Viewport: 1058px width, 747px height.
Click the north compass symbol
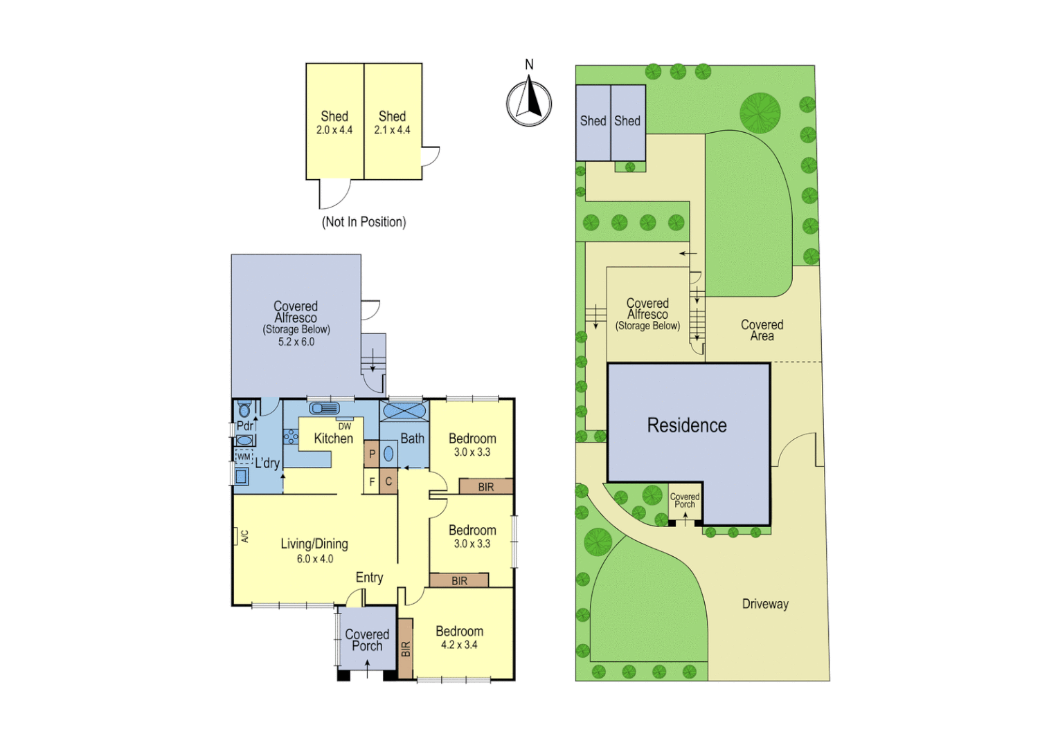pyautogui.click(x=529, y=103)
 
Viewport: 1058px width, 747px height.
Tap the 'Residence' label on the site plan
pyautogui.click(x=686, y=425)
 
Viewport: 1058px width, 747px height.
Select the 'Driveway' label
pyautogui.click(x=765, y=604)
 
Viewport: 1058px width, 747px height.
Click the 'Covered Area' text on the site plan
pyautogui.click(x=762, y=330)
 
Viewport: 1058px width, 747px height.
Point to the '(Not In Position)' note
pyautogui.click(x=364, y=222)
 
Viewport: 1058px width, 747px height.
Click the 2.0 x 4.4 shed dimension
pyautogui.click(x=334, y=130)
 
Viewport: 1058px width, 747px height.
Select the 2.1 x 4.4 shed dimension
pyautogui.click(x=392, y=130)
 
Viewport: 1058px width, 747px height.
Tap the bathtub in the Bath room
pyautogui.click(x=404, y=411)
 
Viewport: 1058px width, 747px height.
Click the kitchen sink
pyautogui.click(x=323, y=408)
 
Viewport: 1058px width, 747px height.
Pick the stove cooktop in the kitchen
pyautogui.click(x=291, y=436)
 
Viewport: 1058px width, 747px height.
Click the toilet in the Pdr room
pyautogui.click(x=244, y=409)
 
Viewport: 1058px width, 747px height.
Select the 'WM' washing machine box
pyautogui.click(x=244, y=456)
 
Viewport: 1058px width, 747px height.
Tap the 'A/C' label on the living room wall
pyautogui.click(x=244, y=536)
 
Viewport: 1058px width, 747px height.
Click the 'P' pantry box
pyautogui.click(x=372, y=454)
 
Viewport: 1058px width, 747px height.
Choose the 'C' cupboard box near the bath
pyautogui.click(x=388, y=481)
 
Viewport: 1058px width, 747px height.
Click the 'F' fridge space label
pyautogui.click(x=372, y=481)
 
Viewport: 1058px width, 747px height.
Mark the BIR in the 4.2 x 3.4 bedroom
pyautogui.click(x=406, y=648)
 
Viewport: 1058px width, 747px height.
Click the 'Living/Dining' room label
pyautogui.click(x=314, y=544)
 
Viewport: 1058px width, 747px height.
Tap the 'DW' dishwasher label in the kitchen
pyautogui.click(x=344, y=426)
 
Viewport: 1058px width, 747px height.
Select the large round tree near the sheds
pyautogui.click(x=760, y=112)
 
